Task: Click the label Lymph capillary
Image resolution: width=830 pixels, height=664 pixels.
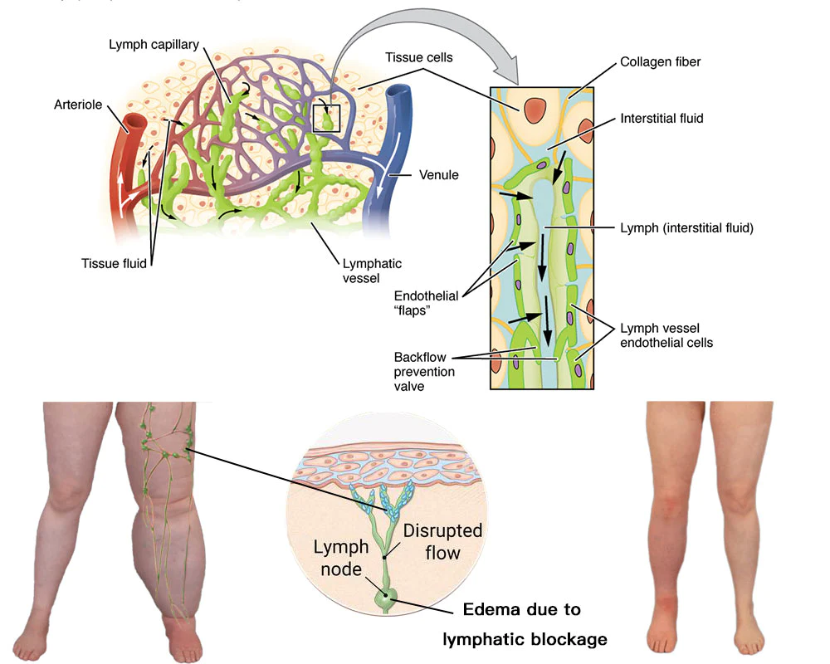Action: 154,44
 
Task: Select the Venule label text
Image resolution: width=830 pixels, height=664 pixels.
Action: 439,175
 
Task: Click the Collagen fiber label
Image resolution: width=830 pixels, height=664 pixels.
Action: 661,63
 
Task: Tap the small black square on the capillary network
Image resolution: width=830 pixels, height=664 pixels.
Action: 327,118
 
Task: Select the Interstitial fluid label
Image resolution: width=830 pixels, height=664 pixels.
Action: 662,119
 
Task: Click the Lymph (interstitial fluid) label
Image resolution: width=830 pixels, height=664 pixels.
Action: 686,227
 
